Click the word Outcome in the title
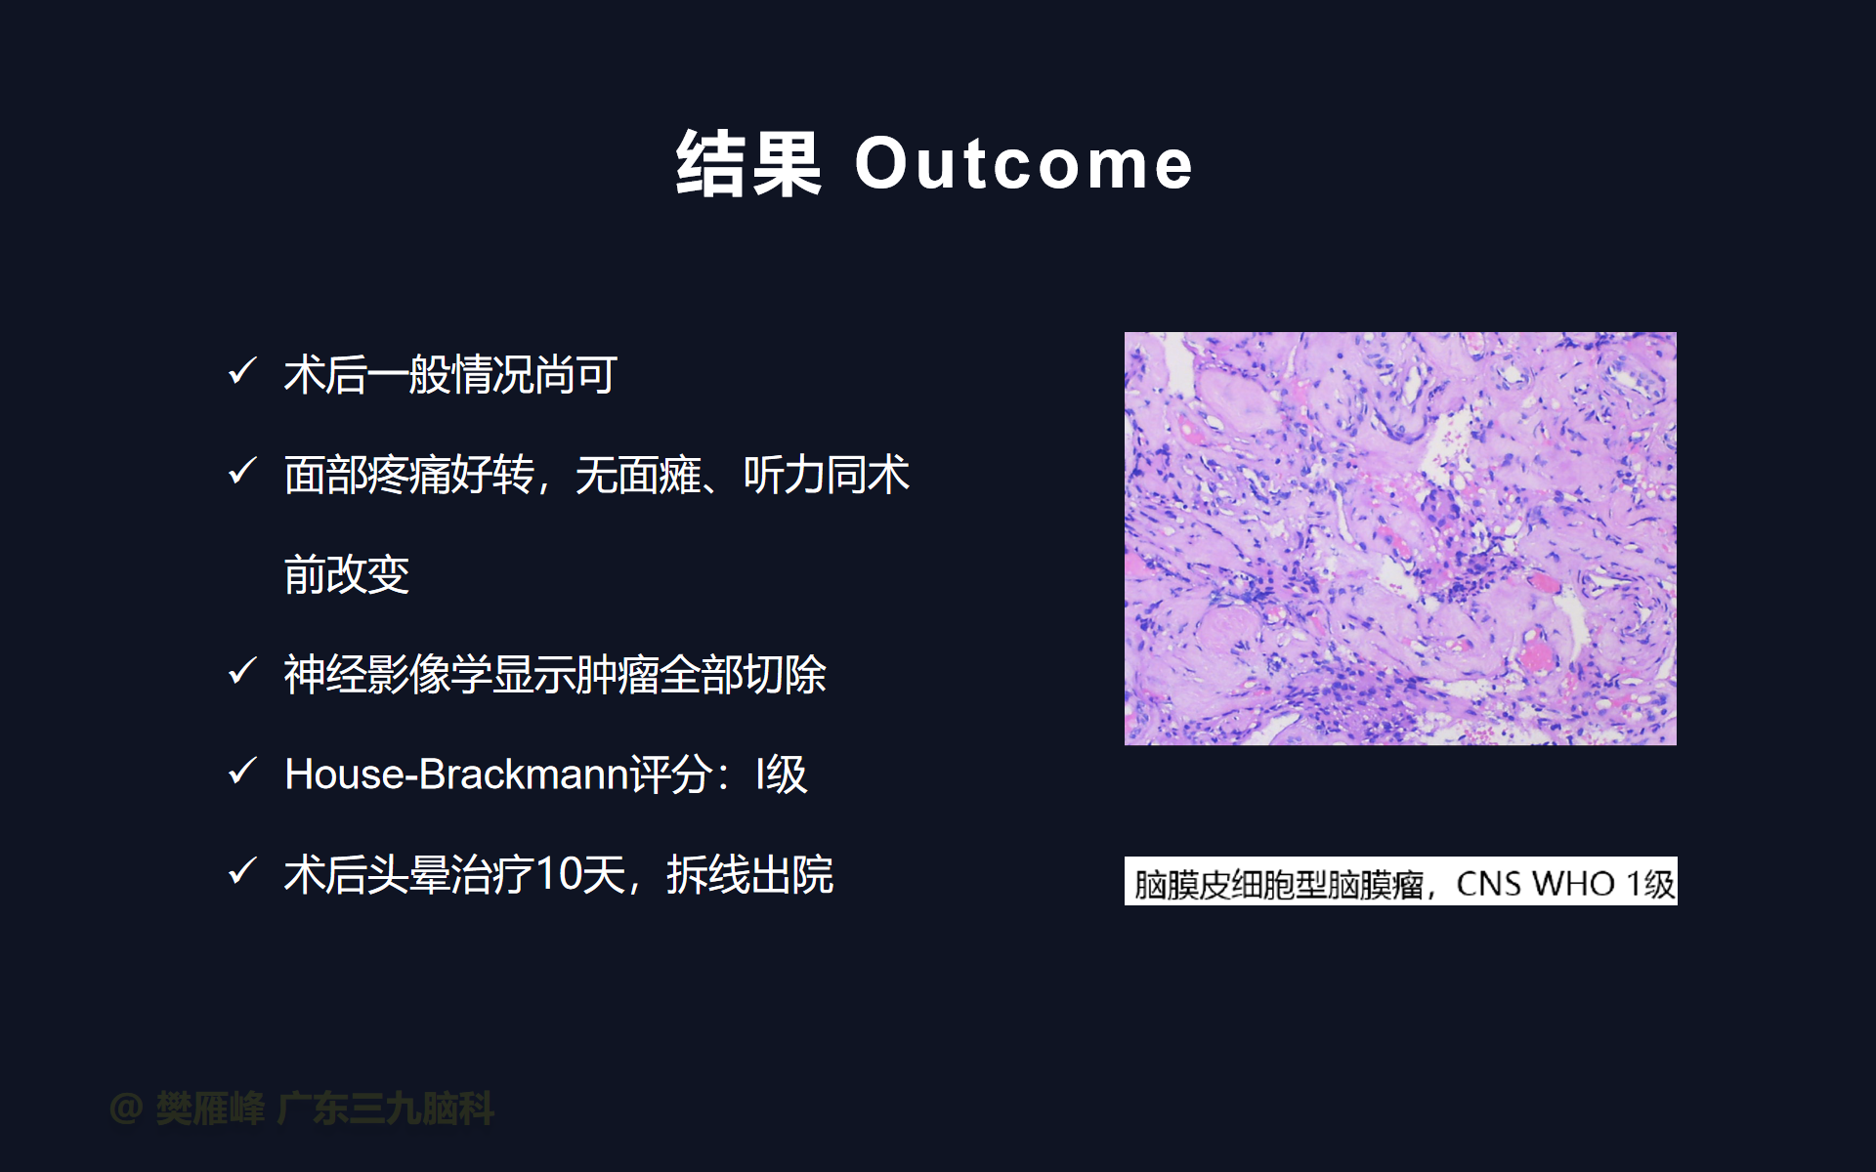tap(1024, 164)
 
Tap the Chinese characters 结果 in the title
tap(748, 164)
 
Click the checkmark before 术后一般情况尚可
tap(241, 371)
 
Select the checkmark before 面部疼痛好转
tap(241, 472)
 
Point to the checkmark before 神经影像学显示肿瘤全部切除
tap(241, 671)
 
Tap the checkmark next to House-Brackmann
tap(241, 772)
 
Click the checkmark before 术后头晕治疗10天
tap(241, 871)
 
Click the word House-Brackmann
tap(456, 774)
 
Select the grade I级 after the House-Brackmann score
tap(782, 774)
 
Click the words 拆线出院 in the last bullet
tap(750, 874)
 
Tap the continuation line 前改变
tap(347, 574)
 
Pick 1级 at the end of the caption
tap(1649, 884)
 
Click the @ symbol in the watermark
tap(127, 1109)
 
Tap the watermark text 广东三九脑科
tap(386, 1109)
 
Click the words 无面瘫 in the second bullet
tap(638, 475)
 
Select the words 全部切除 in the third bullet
tap(743, 674)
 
